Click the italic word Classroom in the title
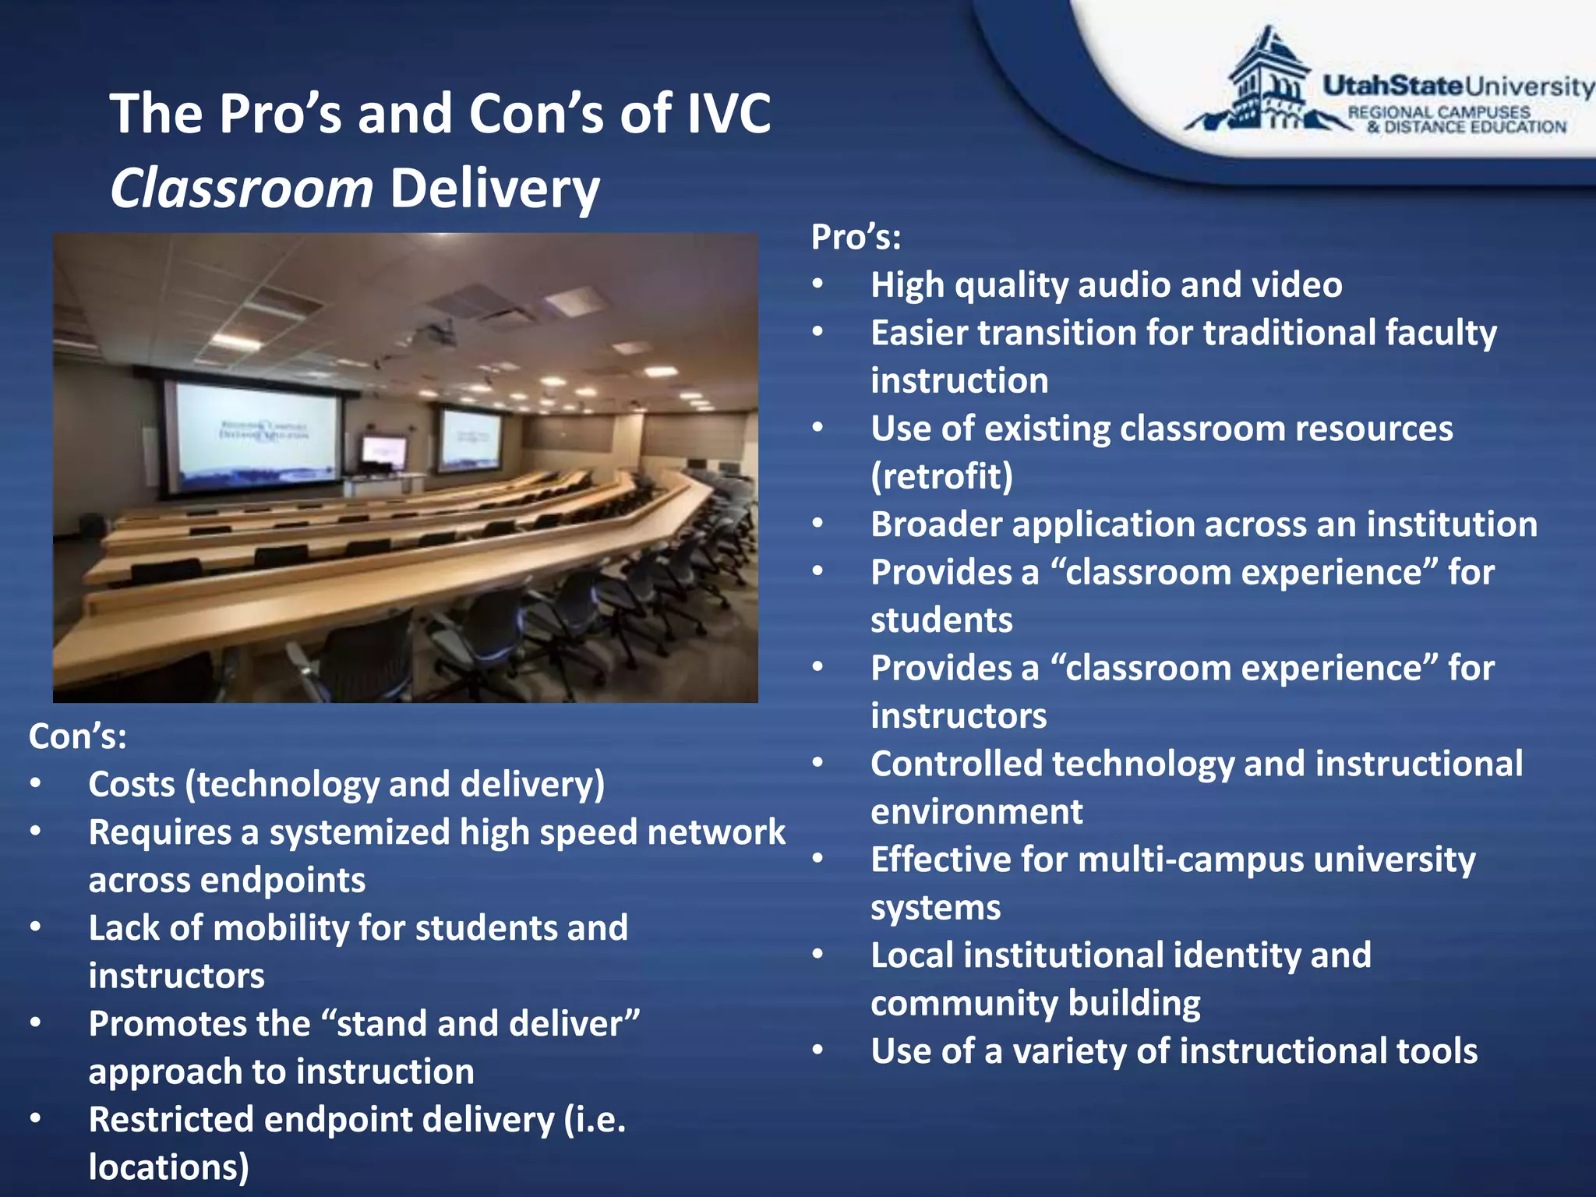point(242,189)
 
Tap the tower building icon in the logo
point(1269,82)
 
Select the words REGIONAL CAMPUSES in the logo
point(1439,112)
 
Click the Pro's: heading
point(856,237)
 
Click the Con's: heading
point(78,736)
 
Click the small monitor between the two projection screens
point(384,452)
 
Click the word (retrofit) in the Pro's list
point(941,476)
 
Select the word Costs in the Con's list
point(131,785)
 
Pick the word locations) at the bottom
point(168,1167)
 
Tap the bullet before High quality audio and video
point(817,284)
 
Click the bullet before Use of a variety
point(817,1050)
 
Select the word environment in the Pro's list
point(976,812)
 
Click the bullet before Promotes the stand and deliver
point(36,1022)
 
